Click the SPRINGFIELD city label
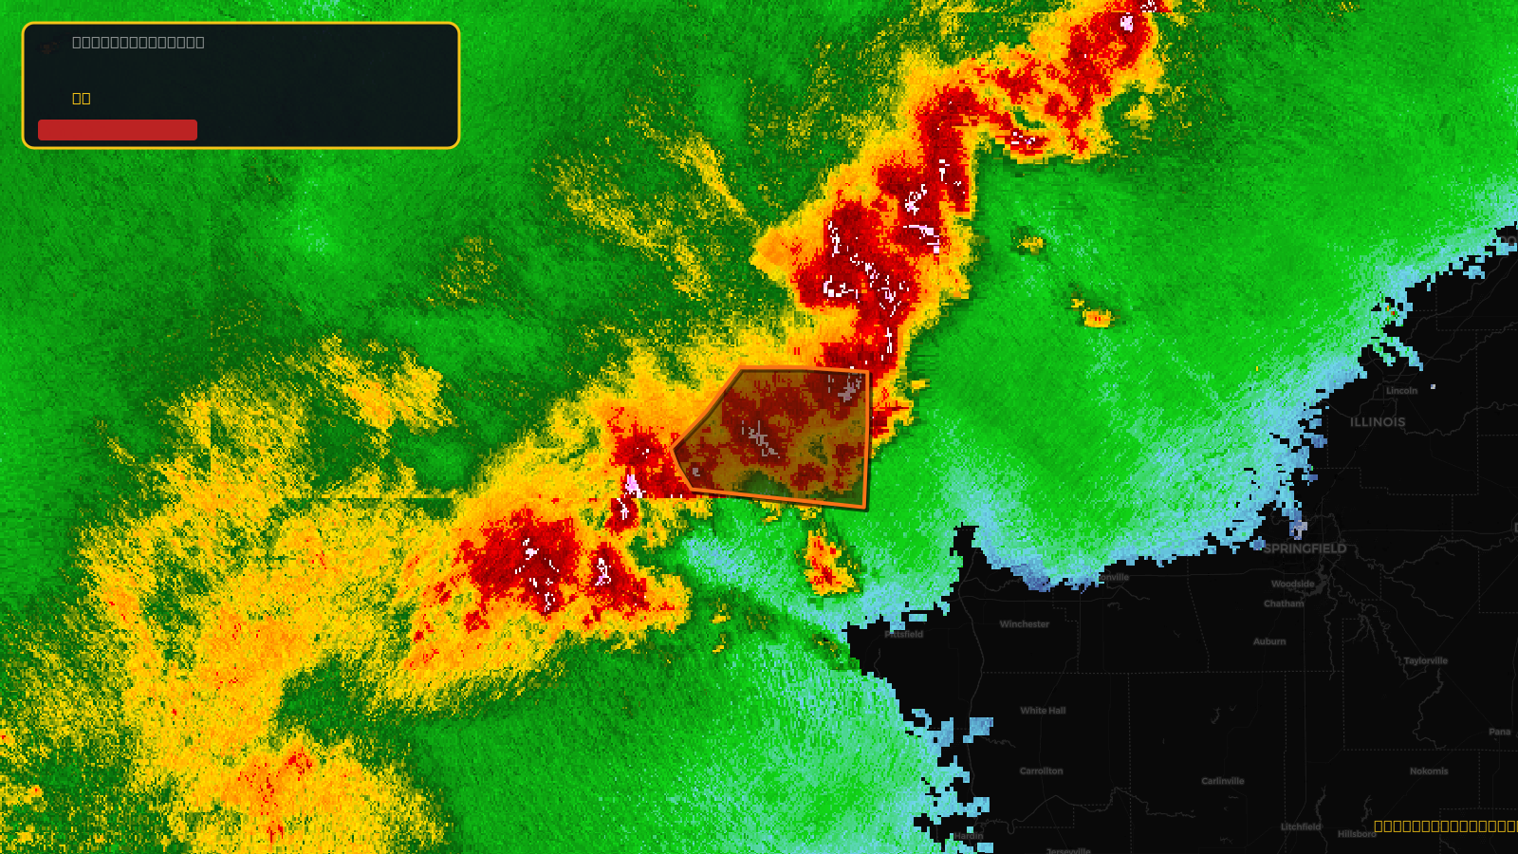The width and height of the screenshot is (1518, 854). [1305, 548]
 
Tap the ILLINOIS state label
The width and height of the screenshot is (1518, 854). [1378, 422]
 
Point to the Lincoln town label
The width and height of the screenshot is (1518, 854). [1401, 391]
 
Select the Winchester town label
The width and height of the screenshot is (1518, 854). [1024, 624]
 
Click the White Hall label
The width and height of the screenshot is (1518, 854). [1043, 711]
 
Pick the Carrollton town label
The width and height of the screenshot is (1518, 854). [1041, 771]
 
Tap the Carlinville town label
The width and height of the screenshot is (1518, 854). [1222, 782]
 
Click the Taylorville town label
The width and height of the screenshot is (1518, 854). [1425, 661]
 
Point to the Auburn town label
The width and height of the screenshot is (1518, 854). [1268, 641]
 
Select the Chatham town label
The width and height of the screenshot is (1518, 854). [1284, 603]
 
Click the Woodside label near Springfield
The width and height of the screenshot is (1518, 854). [1292, 585]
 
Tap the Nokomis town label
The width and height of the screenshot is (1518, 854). [1428, 771]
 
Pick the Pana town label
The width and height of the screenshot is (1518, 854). [1499, 732]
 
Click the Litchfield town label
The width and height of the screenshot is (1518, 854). [1300, 826]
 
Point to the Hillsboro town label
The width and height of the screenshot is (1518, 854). [1357, 834]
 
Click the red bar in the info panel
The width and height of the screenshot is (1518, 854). [118, 130]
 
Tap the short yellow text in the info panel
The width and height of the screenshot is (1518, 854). [82, 99]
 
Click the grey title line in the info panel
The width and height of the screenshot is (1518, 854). [139, 43]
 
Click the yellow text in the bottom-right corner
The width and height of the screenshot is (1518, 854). [1445, 826]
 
